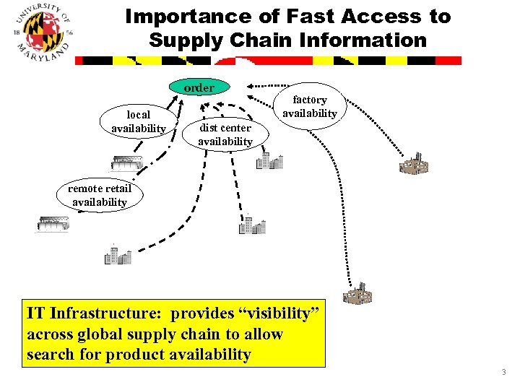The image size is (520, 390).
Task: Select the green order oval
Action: click(199, 88)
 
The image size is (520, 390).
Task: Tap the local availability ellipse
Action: click(139, 121)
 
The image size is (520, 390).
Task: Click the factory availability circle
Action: click(310, 106)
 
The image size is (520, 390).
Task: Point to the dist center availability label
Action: click(225, 134)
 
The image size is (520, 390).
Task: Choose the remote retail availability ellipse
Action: click(100, 196)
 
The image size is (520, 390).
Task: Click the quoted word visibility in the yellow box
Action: click(276, 314)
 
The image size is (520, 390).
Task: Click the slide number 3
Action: click(503, 372)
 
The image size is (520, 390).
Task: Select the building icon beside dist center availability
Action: click(269, 160)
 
